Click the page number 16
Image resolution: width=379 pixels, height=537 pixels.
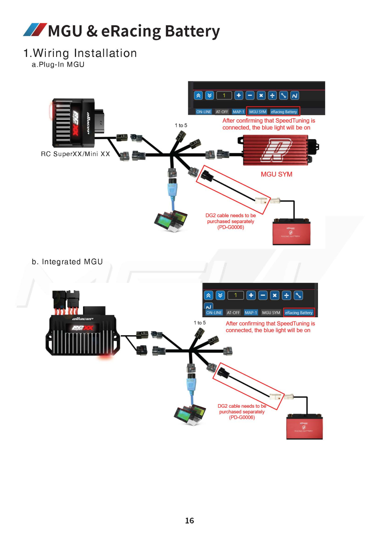[189, 520]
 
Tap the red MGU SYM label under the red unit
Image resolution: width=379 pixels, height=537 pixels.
[276, 174]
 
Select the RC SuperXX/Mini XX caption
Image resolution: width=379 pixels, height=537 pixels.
[76, 154]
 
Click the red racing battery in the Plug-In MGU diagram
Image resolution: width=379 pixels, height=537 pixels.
[291, 232]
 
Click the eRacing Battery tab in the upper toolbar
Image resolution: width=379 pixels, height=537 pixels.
[284, 112]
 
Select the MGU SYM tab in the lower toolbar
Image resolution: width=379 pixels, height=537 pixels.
[271, 313]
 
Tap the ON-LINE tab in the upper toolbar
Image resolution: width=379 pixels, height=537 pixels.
[203, 112]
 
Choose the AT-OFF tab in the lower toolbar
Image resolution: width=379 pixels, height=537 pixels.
[233, 313]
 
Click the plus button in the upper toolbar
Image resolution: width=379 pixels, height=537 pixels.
[238, 95]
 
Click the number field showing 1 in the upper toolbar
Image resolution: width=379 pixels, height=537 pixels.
[224, 95]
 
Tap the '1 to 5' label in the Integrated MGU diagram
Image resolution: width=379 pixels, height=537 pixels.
[200, 323]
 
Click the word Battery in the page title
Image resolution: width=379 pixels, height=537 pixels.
[192, 31]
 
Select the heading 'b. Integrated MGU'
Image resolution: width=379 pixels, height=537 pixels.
[67, 262]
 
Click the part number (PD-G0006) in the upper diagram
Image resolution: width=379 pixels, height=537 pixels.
[231, 227]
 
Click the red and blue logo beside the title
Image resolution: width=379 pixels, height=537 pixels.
[35, 30]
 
